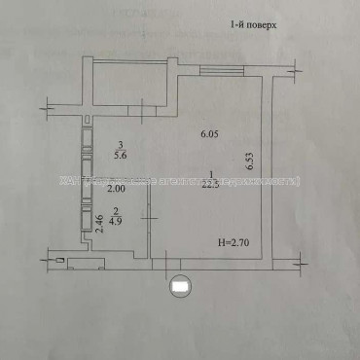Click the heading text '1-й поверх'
(x=254, y=27)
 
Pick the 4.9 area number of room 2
(x=114, y=220)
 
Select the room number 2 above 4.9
(x=114, y=209)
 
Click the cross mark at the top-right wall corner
(x=294, y=72)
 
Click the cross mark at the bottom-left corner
(x=46, y=257)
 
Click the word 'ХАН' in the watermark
(x=68, y=181)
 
